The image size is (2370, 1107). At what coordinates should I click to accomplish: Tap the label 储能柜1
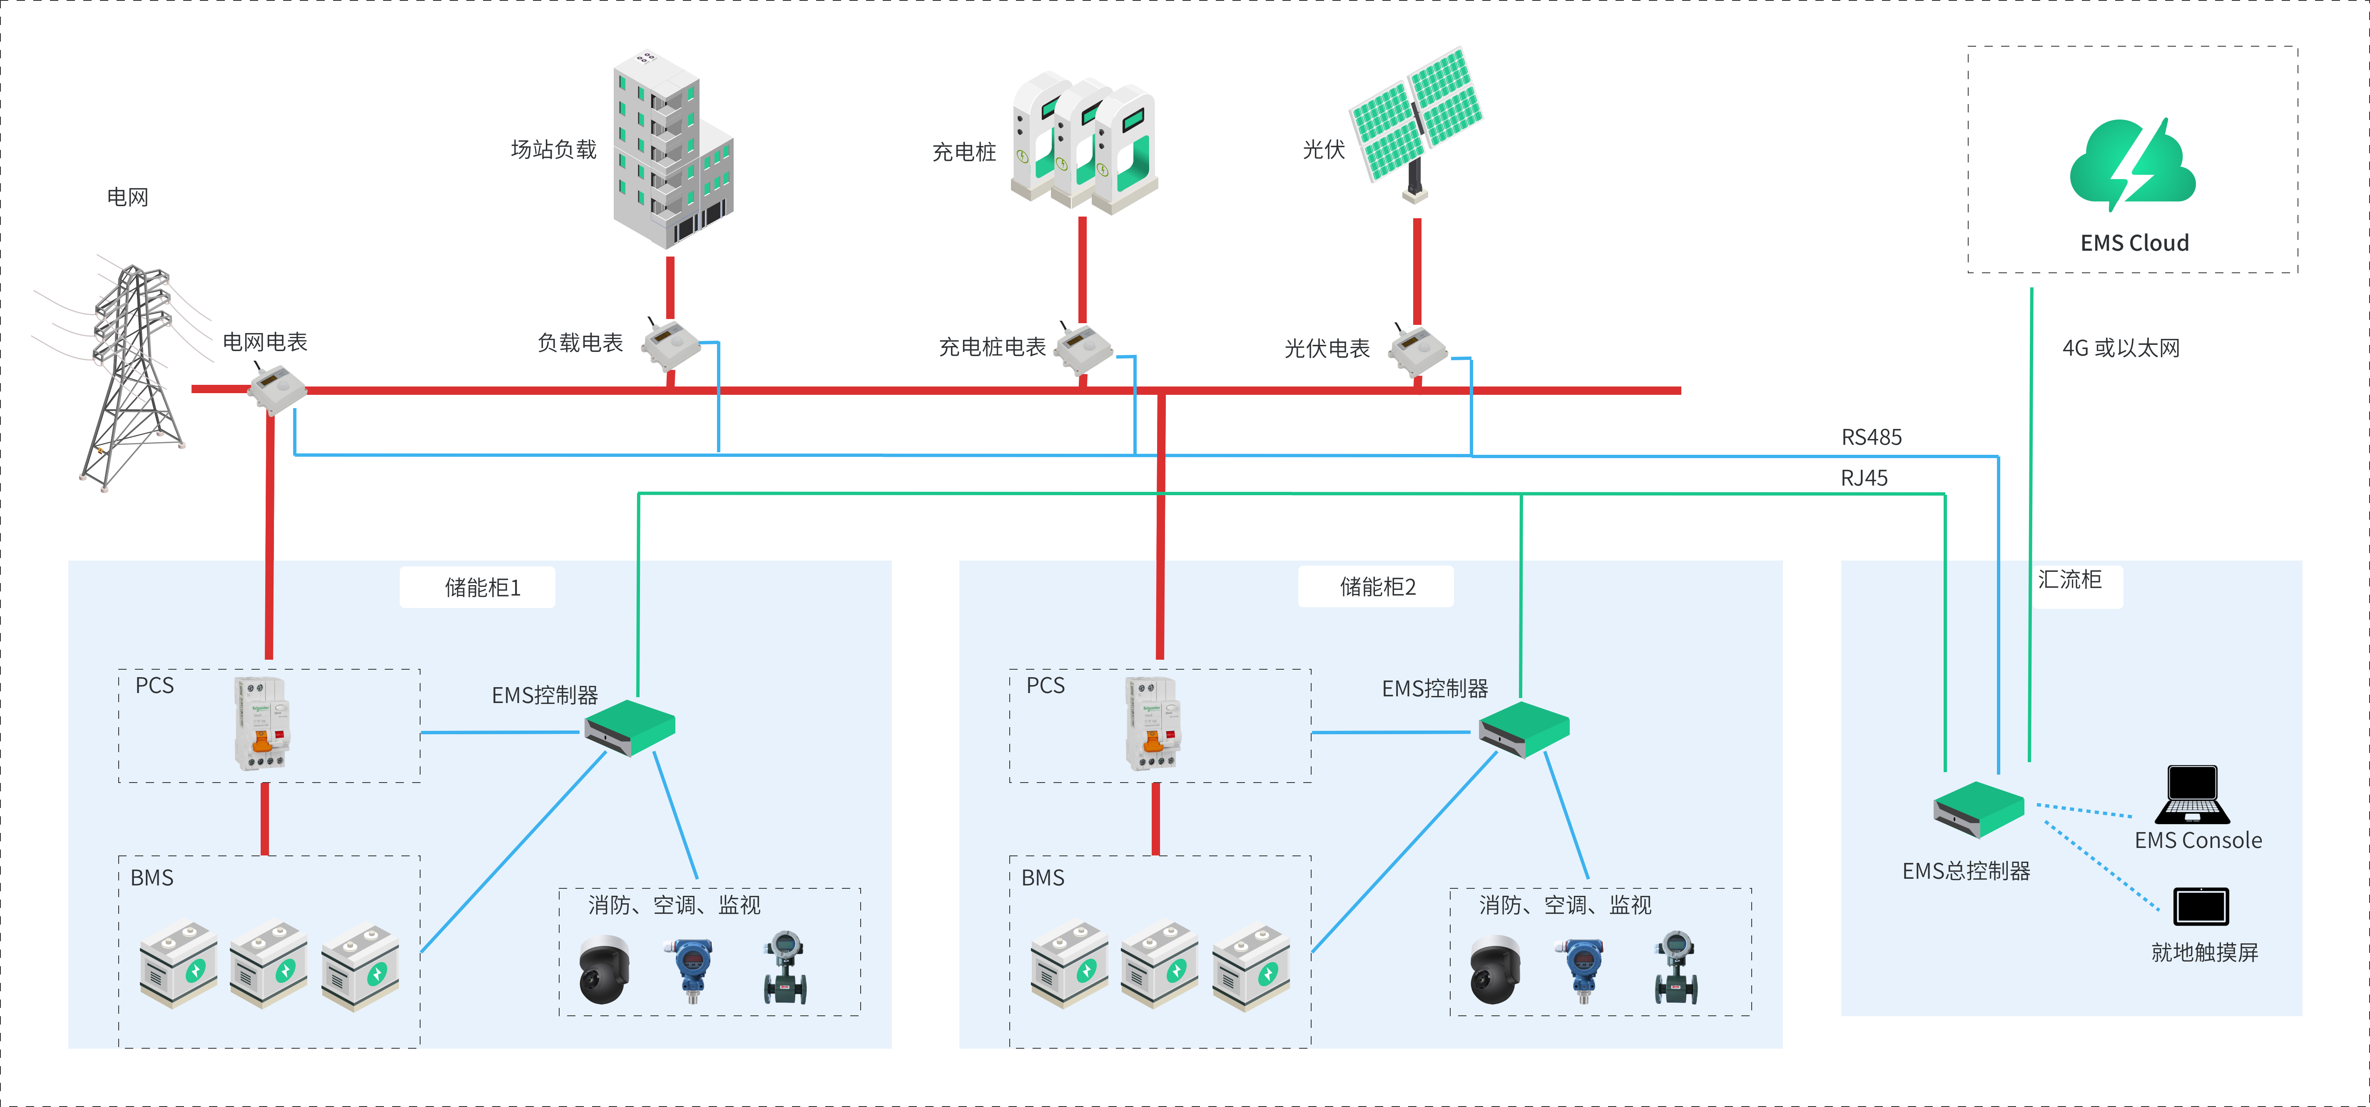point(482,587)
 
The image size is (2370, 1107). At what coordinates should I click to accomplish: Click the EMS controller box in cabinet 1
point(630,727)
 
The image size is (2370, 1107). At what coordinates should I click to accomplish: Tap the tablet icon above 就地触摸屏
point(2201,906)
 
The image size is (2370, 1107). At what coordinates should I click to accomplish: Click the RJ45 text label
point(1864,478)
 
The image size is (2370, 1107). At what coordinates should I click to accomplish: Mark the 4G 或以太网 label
point(2121,348)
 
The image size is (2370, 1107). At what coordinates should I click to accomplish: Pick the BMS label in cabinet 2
point(1043,878)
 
